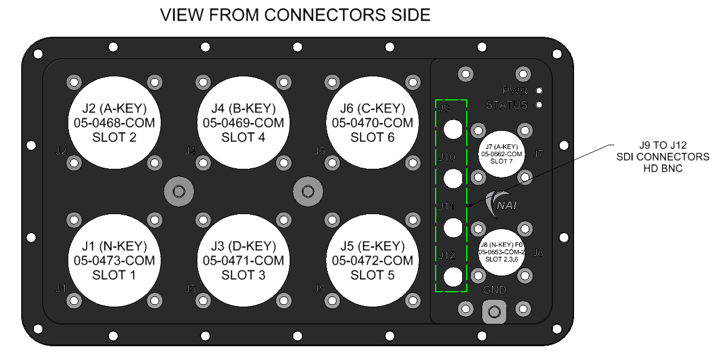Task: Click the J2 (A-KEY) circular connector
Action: pyautogui.click(x=114, y=123)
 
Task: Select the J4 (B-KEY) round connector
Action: pyautogui.click(x=243, y=123)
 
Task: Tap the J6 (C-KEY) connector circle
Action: pyautogui.click(x=372, y=123)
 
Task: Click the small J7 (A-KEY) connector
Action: pyautogui.click(x=501, y=154)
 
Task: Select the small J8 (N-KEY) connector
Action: pyautogui.click(x=501, y=251)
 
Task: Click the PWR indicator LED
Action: pyautogui.click(x=539, y=91)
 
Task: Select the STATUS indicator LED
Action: pyautogui.click(x=539, y=105)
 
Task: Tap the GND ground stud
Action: pyautogui.click(x=493, y=312)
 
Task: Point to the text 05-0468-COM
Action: pyautogui.click(x=114, y=123)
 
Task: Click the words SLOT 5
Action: pyautogui.click(x=372, y=275)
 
